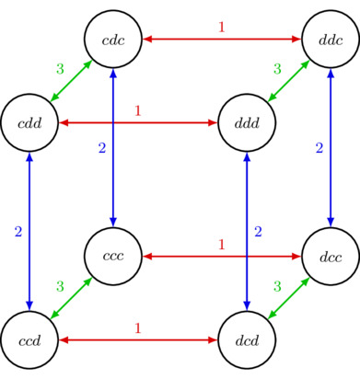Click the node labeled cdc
(112, 39)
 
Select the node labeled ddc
(331, 39)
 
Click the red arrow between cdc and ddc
(221, 39)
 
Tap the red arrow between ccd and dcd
(138, 339)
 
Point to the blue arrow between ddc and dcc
(331, 147)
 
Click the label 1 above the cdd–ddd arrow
(137, 111)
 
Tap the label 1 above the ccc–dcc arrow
(221, 245)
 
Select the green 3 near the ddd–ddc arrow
(277, 69)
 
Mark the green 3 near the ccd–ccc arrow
(60, 287)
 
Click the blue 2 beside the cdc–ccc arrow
(102, 147)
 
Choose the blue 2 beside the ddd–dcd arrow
(258, 231)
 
